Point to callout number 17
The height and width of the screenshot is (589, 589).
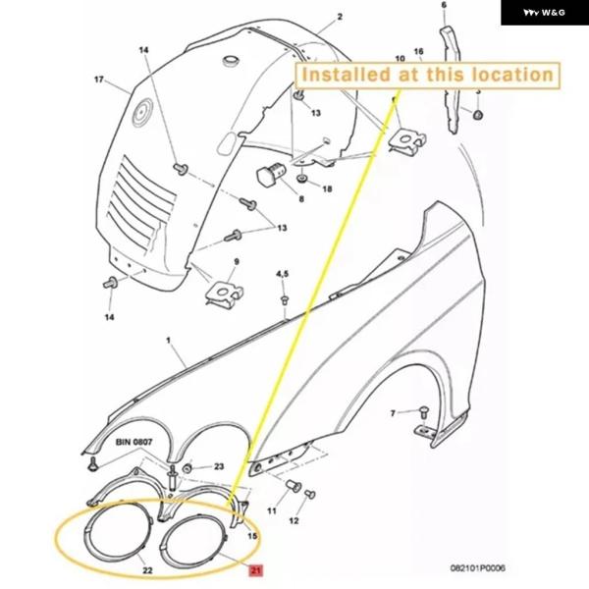tap(99, 79)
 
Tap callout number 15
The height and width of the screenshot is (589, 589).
tap(252, 536)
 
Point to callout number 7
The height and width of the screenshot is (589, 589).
tap(392, 413)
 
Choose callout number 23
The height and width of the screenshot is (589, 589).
tap(218, 466)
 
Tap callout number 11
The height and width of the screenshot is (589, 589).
tap(271, 511)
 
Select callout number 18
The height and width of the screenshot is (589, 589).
tap(327, 187)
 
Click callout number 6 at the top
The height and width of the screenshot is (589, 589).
tap(443, 6)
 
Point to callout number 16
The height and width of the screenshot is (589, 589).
tap(418, 51)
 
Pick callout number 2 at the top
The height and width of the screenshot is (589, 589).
tap(340, 17)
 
